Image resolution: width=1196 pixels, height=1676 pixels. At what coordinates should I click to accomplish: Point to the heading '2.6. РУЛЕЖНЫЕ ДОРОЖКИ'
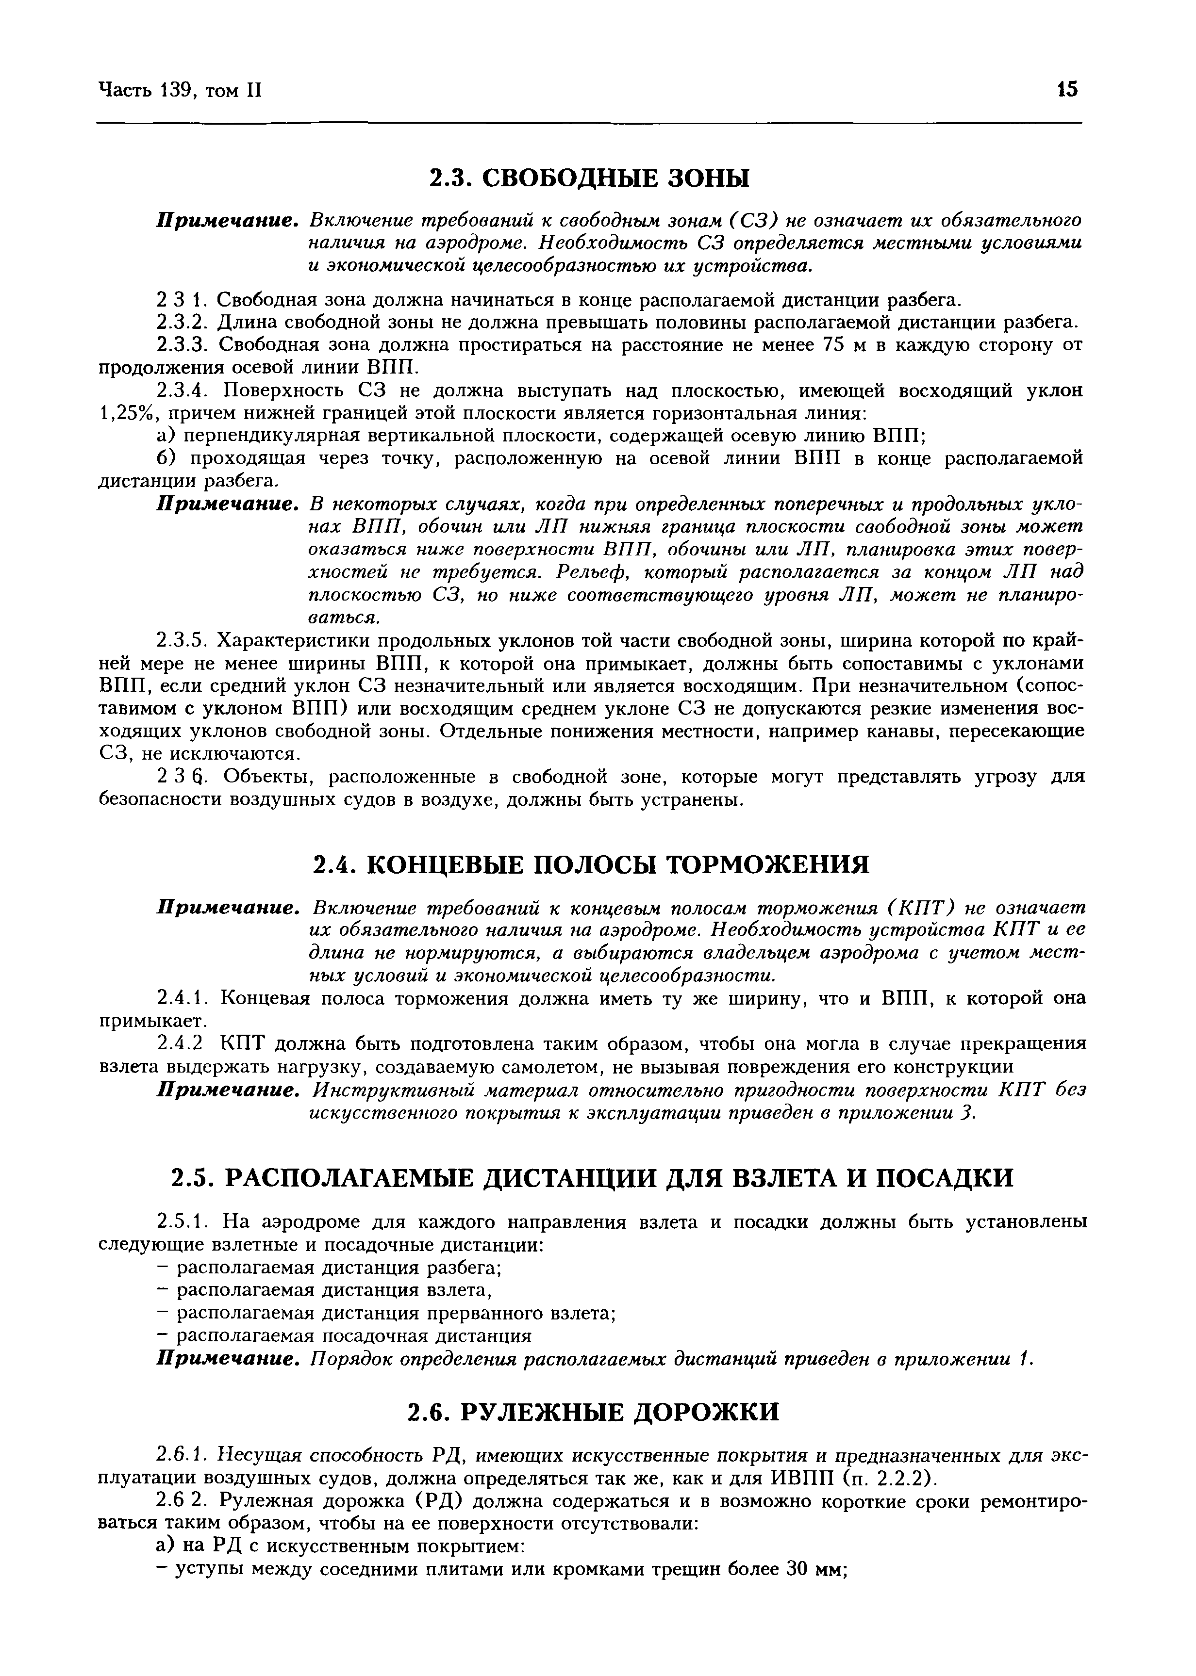tap(593, 1412)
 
